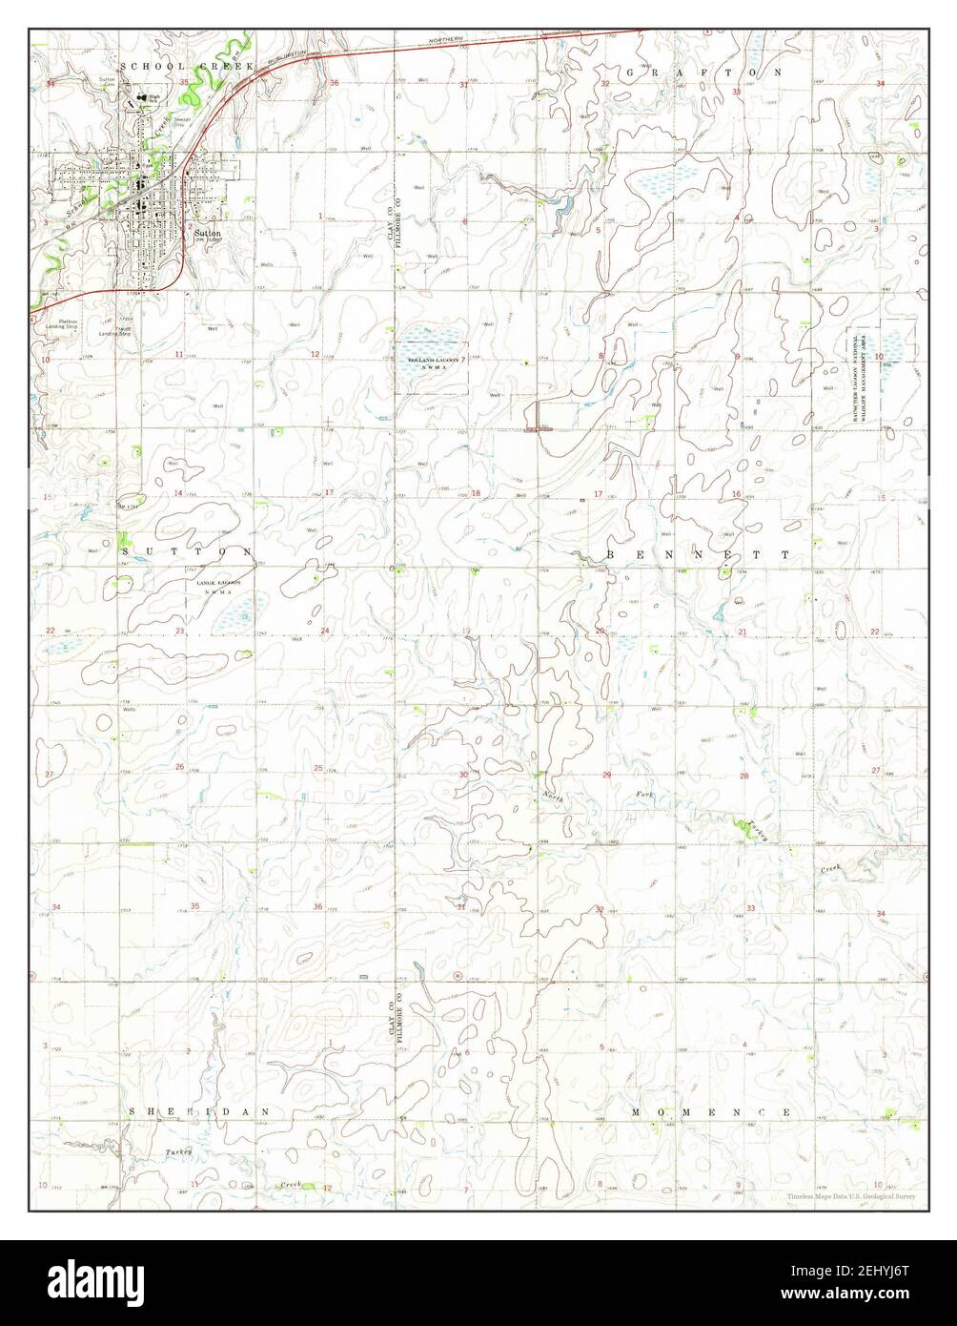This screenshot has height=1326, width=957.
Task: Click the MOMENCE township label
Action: tap(711, 1112)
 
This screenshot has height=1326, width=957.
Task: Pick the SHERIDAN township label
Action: tap(200, 1111)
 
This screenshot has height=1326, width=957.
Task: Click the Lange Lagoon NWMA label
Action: tap(218, 586)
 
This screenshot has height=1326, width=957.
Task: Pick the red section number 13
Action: tap(328, 492)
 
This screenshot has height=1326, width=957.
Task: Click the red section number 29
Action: tap(607, 776)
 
